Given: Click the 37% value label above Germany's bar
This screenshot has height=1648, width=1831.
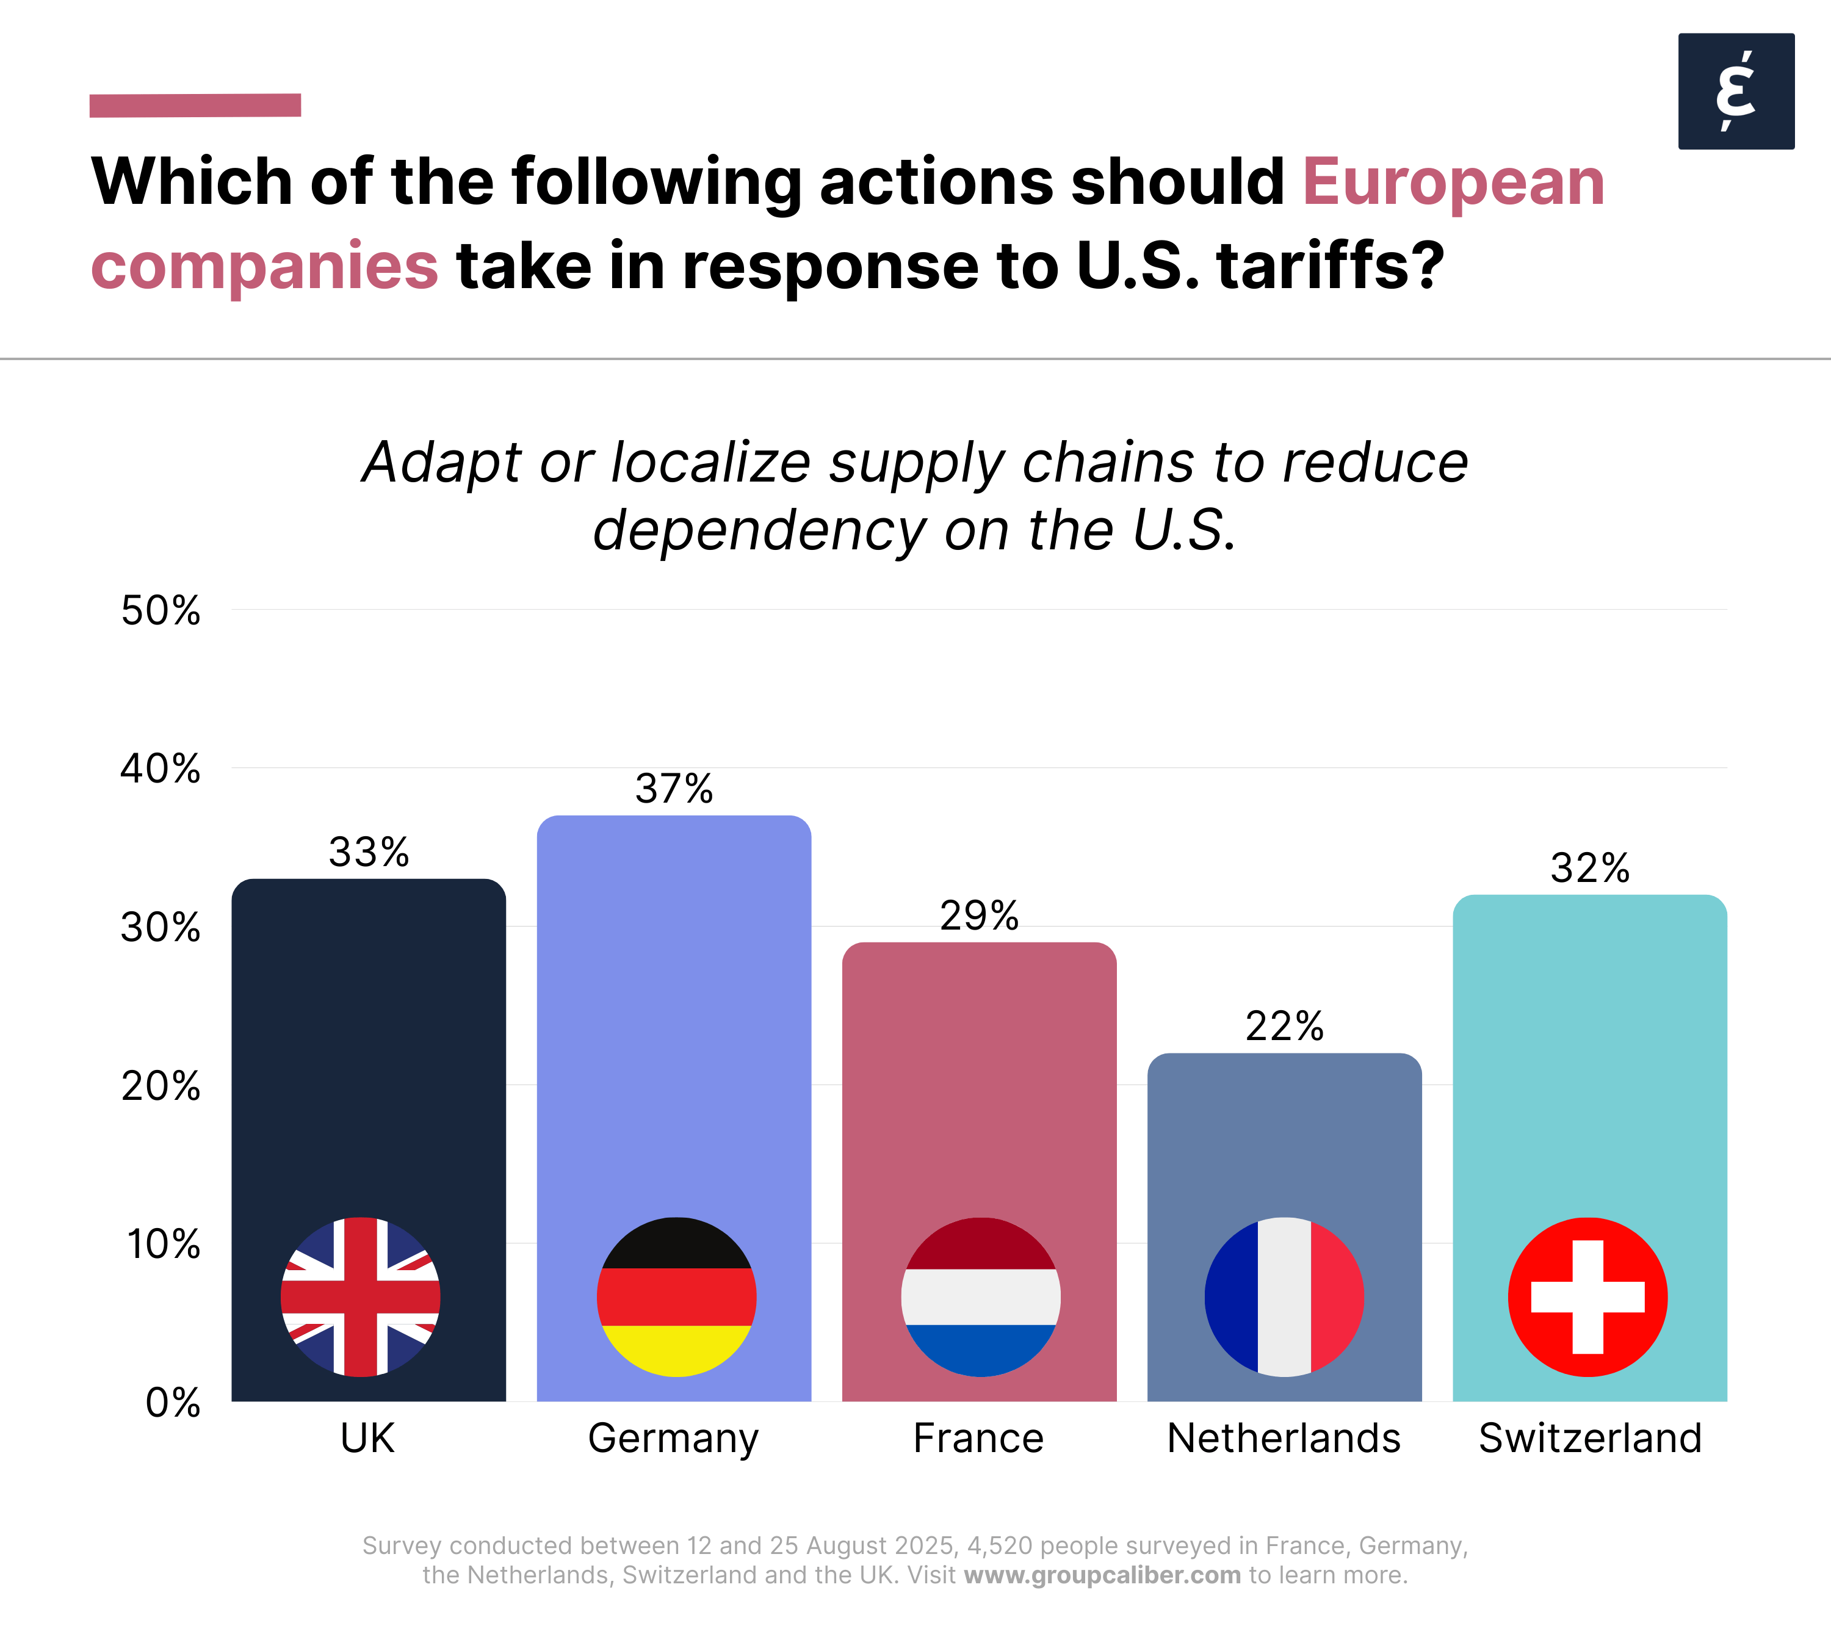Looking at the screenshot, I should (674, 789).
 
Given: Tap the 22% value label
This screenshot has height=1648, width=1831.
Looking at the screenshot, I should (1284, 1026).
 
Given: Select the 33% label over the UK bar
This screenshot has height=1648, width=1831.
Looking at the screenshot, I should (369, 852).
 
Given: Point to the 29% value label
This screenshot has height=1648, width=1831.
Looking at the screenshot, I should (979, 916).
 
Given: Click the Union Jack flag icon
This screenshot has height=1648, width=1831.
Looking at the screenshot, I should (361, 1296).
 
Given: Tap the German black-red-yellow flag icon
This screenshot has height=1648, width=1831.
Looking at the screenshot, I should (676, 1296).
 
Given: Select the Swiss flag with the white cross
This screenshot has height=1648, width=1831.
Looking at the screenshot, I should (1587, 1296).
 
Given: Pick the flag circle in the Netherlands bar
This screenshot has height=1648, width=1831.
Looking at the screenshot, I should (1284, 1296).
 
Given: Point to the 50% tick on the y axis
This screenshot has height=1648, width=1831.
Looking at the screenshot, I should (161, 611).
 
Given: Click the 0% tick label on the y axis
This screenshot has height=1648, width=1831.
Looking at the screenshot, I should (172, 1403).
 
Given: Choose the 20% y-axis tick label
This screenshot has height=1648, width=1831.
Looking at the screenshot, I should (161, 1086).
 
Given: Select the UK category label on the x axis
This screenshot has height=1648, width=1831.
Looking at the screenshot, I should (367, 1438).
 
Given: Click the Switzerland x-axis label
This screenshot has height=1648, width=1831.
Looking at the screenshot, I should (1589, 1438).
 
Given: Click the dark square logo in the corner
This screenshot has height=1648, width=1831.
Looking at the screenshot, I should (1735, 92).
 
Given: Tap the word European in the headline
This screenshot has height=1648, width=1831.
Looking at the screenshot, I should (1453, 182).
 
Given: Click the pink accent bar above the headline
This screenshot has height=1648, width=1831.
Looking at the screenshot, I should (195, 105).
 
